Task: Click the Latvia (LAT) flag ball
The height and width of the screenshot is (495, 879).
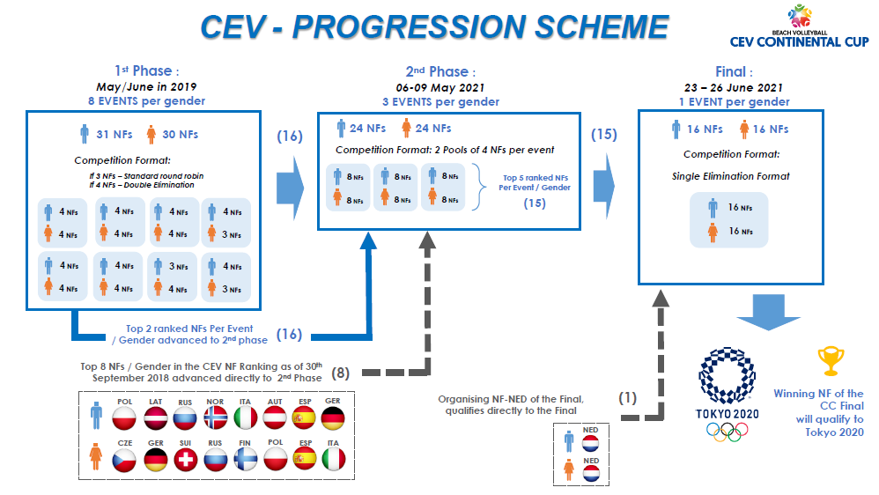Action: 155,418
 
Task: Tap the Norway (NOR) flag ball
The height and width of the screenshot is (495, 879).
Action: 215,418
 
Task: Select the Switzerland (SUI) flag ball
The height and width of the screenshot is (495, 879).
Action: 186,460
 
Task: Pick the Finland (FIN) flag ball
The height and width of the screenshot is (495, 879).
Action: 245,460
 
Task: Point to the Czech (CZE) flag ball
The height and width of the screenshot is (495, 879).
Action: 124,460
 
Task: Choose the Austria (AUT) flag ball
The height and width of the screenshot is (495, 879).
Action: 275,418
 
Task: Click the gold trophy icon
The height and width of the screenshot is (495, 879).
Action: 831,360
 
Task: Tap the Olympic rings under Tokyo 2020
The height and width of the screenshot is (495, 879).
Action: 728,431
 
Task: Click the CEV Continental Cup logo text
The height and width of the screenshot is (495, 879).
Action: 799,41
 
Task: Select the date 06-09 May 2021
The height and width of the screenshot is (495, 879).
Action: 440,87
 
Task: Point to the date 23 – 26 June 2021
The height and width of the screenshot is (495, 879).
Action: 734,87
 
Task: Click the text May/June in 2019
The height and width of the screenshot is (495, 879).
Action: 146,87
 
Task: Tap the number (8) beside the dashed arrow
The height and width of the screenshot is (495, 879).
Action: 340,373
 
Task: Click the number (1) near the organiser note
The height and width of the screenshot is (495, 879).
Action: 627,398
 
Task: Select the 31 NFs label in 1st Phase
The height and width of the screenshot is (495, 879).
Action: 114,135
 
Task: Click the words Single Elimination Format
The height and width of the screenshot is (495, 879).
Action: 730,176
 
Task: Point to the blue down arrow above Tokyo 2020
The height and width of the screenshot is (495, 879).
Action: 768,312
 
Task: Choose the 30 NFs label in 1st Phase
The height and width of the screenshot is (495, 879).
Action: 180,135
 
